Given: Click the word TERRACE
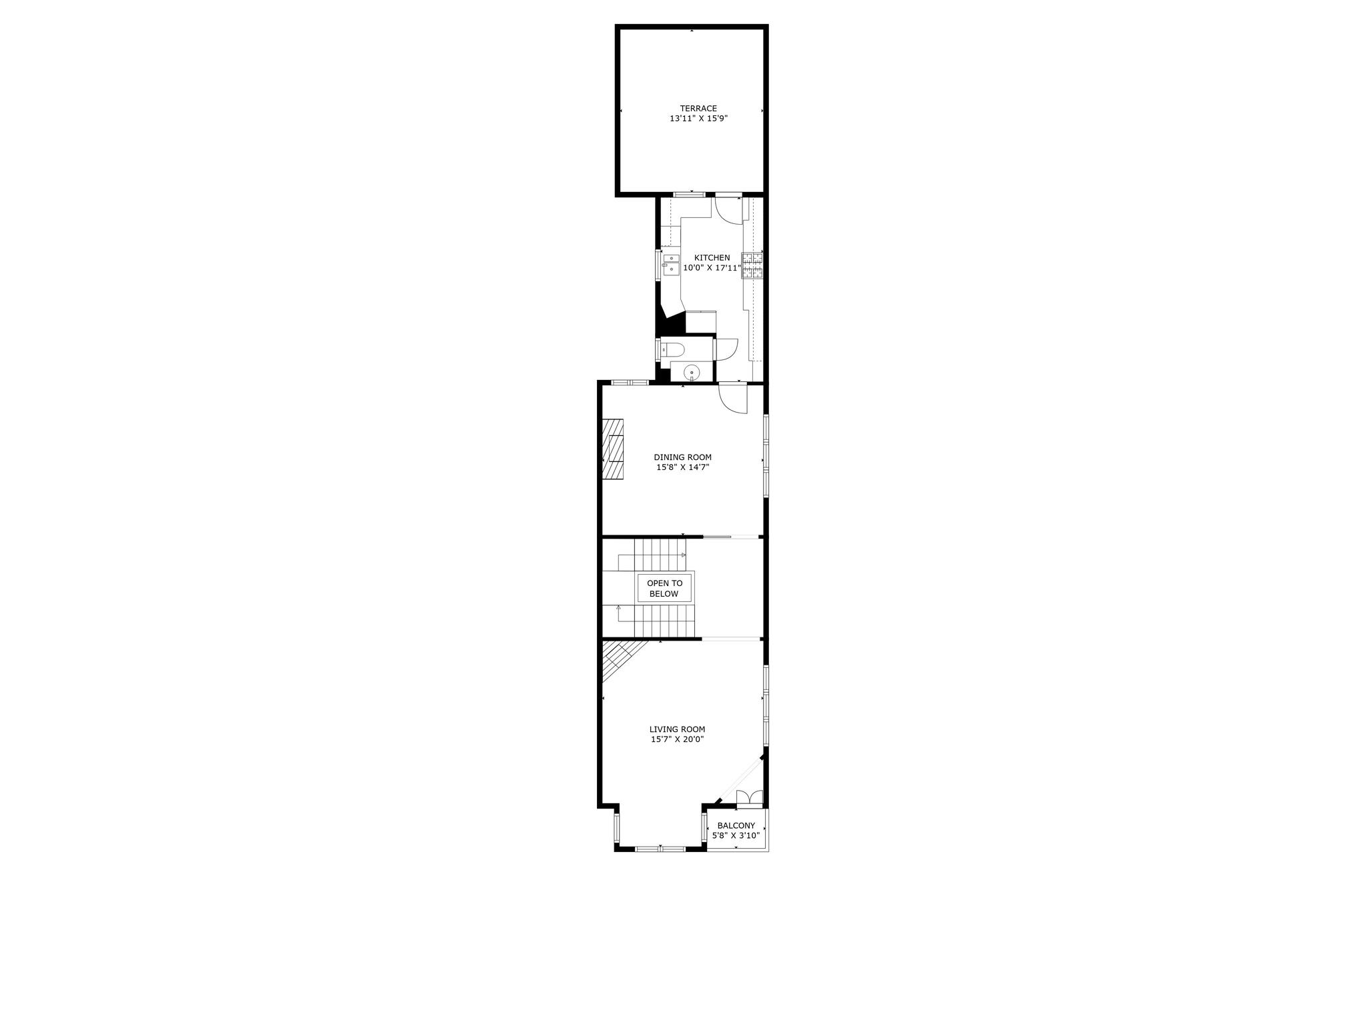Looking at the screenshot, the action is pos(698,109).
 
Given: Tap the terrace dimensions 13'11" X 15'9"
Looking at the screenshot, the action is pos(698,119).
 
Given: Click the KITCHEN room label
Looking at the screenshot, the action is pos(712,258).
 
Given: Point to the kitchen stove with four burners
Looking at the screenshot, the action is pos(752,265).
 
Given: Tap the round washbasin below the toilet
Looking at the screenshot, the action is pos(693,372).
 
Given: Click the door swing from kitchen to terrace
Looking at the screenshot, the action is pos(728,211).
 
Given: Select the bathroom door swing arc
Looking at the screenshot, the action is pos(726,349).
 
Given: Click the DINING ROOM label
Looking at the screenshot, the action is pos(682,457).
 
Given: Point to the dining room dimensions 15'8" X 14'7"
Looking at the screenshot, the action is pos(682,467).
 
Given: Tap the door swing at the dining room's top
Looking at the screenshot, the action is pos(733,399).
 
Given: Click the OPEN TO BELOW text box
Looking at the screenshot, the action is pos(664,589).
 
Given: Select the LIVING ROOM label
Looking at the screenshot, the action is pos(677,729).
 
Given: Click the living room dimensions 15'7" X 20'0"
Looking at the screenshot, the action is pos(677,739).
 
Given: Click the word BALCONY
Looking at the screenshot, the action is pos(736,825).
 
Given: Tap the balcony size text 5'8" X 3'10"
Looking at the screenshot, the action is pos(736,835).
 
